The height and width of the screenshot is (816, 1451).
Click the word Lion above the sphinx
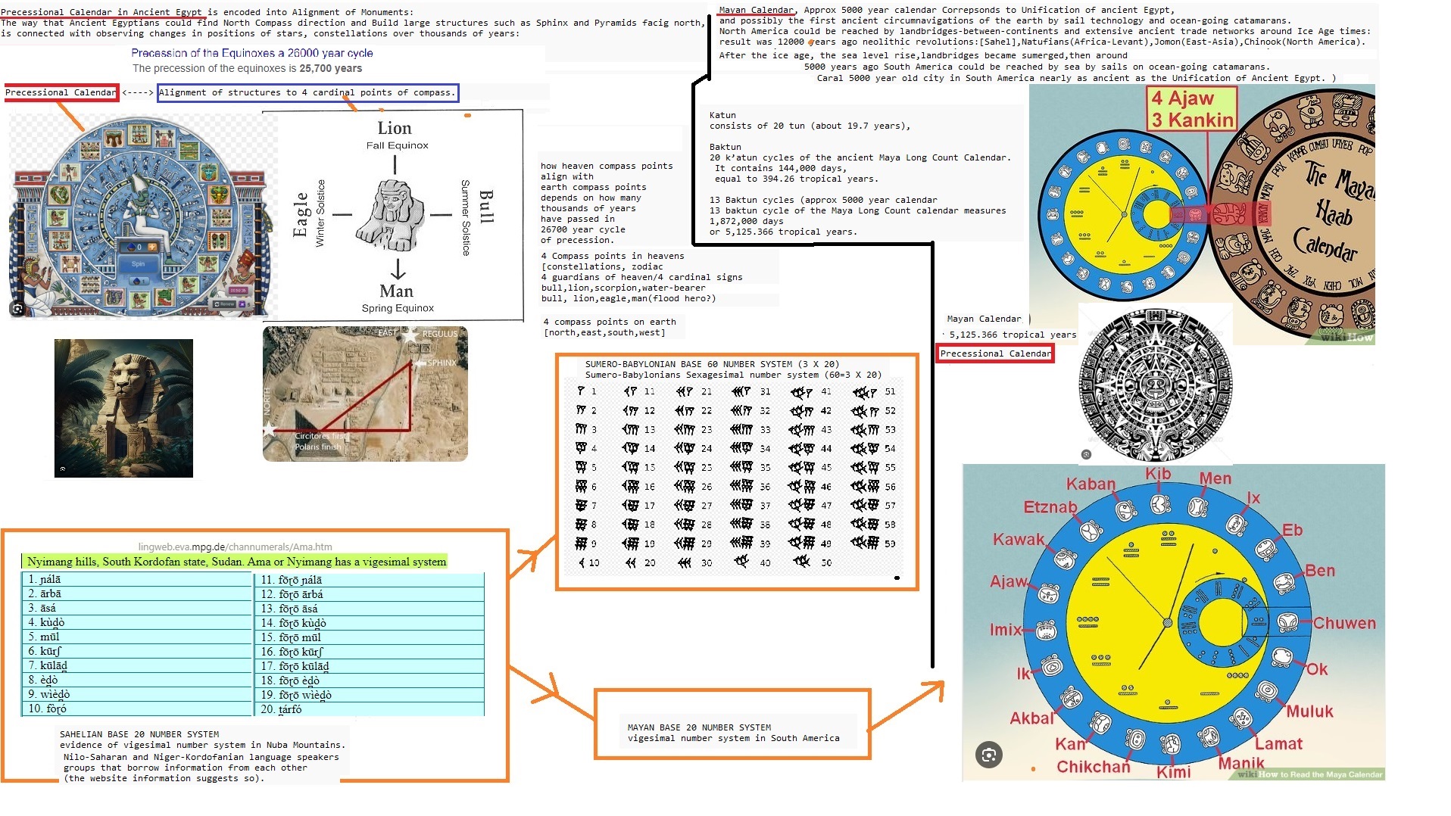395,129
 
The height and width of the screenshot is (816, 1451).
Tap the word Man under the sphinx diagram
396,291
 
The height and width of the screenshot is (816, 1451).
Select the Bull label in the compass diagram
486,207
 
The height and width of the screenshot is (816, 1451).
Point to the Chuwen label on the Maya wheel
1343,623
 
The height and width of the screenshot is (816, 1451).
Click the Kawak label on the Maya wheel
1018,540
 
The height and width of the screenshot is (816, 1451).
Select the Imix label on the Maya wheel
1005,630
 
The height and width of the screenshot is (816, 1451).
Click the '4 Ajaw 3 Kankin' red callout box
1192,109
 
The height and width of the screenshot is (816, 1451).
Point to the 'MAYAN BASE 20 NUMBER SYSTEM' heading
699,727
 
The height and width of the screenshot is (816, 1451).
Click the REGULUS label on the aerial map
439,334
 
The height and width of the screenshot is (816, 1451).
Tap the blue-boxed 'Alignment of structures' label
307,93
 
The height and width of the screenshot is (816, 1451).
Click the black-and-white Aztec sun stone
1155,385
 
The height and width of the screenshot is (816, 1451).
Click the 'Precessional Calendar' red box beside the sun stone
994,353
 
